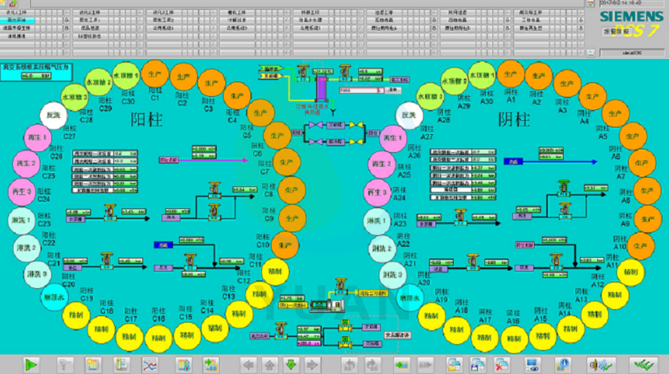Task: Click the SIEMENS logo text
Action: (631, 17)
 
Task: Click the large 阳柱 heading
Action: (146, 120)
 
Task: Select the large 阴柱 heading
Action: (514, 120)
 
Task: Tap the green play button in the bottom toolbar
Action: (31, 365)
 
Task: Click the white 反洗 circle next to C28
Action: (53, 115)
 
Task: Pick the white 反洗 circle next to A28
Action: (409, 115)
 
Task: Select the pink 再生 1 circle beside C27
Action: (37, 137)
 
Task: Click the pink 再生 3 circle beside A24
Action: (377, 193)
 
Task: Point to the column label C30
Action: (128, 102)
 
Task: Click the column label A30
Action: (486, 102)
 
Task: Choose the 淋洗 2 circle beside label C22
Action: (26, 248)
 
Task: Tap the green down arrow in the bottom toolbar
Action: (291, 365)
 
